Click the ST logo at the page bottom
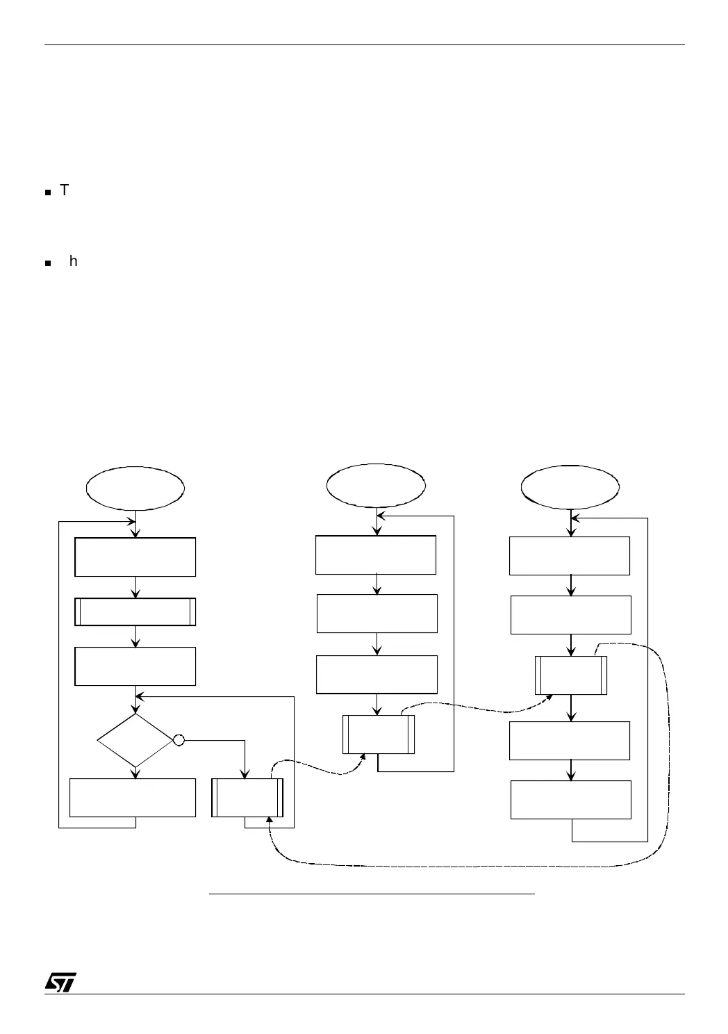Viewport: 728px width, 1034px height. pyautogui.click(x=60, y=981)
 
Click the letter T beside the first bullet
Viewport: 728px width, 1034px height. pyautogui.click(x=65, y=190)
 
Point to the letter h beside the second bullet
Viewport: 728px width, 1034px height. pyautogui.click(x=74, y=262)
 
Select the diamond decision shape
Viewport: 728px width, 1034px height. pyautogui.click(x=135, y=740)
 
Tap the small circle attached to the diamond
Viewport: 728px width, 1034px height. pyautogui.click(x=179, y=740)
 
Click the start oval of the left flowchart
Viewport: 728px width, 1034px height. pyautogui.click(x=135, y=488)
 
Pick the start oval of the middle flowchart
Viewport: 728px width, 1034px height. pyautogui.click(x=377, y=486)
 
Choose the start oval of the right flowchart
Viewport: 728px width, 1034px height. pyautogui.click(x=570, y=486)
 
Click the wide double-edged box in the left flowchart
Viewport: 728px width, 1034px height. pyautogui.click(x=135, y=612)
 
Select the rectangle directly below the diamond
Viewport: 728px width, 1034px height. pyautogui.click(x=133, y=798)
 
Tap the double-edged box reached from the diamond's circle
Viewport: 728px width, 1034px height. pyautogui.click(x=247, y=798)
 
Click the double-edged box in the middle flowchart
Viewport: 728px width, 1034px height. pyautogui.click(x=379, y=734)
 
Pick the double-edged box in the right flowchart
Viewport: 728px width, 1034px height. pyautogui.click(x=571, y=675)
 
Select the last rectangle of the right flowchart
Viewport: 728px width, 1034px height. pyautogui.click(x=571, y=800)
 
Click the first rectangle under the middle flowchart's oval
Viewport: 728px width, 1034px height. pyautogui.click(x=376, y=555)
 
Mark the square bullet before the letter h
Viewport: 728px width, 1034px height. pyautogui.click(x=48, y=264)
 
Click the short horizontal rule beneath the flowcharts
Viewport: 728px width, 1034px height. pyautogui.click(x=372, y=894)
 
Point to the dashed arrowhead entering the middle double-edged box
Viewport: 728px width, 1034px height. pyautogui.click(x=363, y=759)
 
